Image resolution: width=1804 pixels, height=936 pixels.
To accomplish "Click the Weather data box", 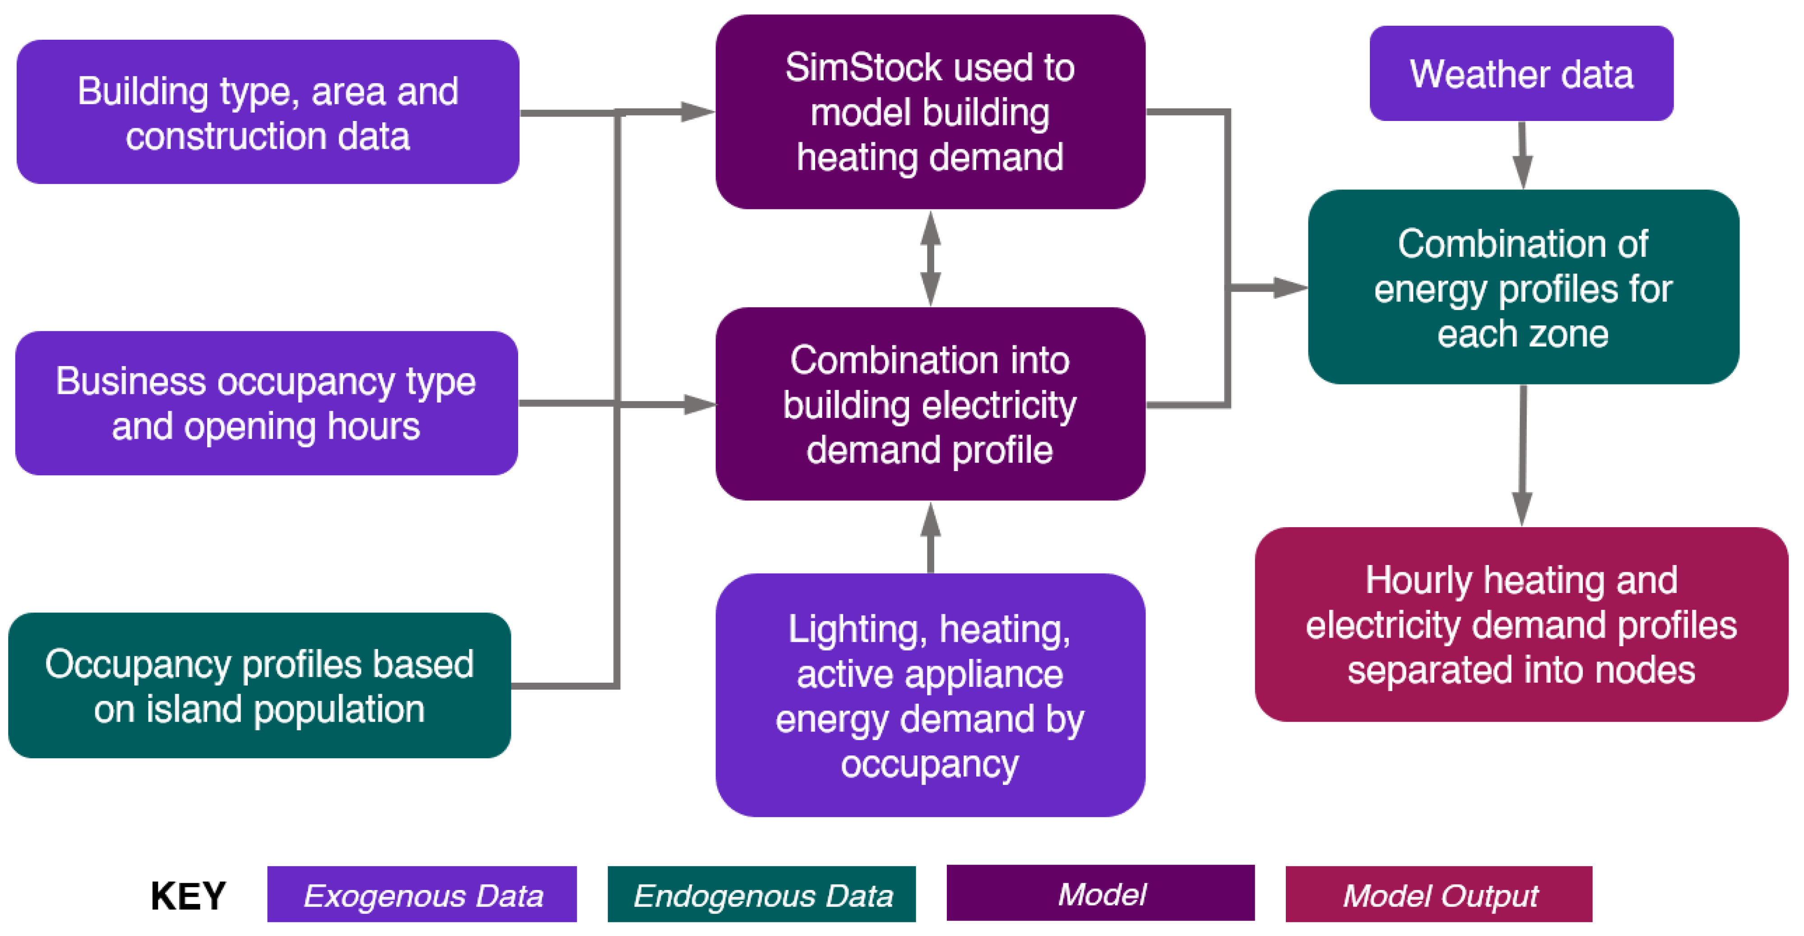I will [1521, 74].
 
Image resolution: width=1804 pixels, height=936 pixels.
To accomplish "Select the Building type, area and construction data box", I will [268, 112].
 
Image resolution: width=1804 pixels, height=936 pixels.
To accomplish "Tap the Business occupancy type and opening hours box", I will [266, 403].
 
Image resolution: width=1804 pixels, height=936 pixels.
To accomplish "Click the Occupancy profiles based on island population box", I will [259, 686].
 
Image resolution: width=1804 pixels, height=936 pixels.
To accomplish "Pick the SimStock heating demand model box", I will [930, 112].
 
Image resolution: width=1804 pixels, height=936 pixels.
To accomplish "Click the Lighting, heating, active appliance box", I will [930, 695].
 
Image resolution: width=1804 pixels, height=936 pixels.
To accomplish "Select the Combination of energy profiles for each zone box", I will [1523, 287].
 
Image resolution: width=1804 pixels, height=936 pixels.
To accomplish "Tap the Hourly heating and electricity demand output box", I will [1521, 625].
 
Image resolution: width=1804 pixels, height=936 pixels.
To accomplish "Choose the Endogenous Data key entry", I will [761, 894].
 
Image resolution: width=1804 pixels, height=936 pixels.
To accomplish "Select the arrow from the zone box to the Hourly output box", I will [1522, 455].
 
